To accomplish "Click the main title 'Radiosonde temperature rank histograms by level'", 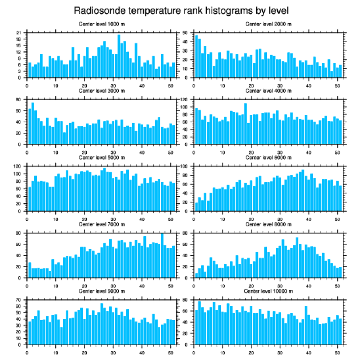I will (181, 10).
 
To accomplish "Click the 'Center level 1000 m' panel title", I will (101, 24).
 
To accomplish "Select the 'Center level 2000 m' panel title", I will (268, 24).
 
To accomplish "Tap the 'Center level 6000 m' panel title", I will (268, 157).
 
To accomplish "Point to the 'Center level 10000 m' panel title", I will (268, 291).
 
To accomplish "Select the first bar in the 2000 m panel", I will (196, 56).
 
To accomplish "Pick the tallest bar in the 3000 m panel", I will (33, 123).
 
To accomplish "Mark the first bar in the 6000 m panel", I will (196, 206).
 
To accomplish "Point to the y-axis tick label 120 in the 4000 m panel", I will (184, 100).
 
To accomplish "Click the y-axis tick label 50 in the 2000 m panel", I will (186, 33).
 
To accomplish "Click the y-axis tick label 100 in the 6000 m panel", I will (184, 166).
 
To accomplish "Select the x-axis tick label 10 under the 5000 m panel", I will (56, 218).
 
